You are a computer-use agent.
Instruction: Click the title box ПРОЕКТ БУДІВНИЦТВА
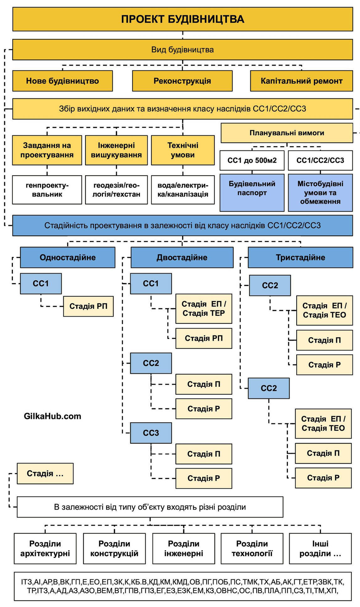[182, 19]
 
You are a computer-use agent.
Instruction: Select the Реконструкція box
[182, 81]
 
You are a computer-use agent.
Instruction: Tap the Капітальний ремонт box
[301, 81]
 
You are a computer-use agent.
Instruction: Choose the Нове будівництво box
[62, 81]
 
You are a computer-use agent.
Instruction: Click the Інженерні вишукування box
[116, 150]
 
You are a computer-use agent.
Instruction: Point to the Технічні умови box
[183, 150]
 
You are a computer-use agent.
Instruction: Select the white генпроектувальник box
[47, 190]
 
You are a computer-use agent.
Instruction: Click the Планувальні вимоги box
[287, 133]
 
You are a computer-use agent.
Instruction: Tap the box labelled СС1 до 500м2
[252, 160]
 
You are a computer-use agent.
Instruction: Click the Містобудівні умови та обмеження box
[320, 192]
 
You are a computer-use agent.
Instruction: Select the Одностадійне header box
[67, 257]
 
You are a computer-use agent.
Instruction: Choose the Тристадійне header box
[300, 257]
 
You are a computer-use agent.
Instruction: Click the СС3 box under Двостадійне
[151, 433]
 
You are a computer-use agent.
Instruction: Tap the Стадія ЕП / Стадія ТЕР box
[204, 309]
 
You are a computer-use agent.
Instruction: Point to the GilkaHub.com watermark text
[52, 416]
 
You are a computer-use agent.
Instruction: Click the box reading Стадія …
[45, 473]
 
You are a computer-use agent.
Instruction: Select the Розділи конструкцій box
[114, 548]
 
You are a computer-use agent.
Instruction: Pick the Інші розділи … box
[320, 548]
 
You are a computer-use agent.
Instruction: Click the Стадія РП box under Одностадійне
[88, 306]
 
